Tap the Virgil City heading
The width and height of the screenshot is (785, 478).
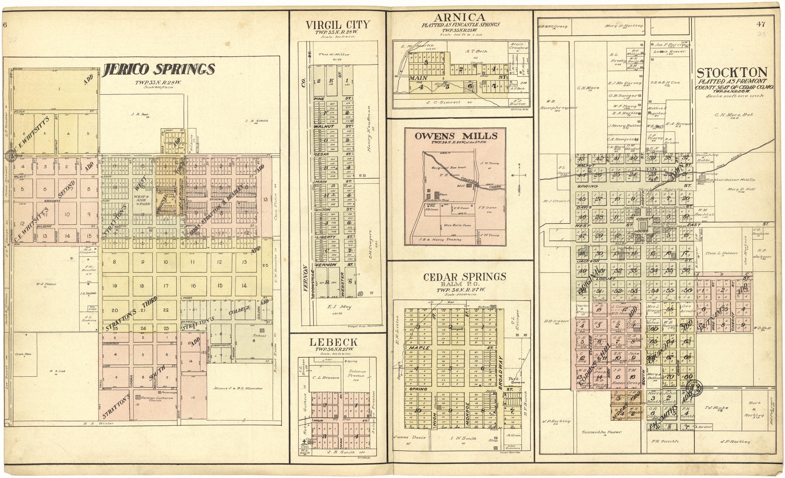pos(338,25)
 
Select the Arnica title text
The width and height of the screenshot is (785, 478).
pos(459,17)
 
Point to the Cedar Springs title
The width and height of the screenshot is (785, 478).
pos(465,277)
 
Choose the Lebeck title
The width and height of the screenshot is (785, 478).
pos(338,342)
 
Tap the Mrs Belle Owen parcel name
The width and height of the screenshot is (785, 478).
pos(457,225)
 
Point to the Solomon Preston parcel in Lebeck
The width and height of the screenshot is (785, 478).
pos(357,373)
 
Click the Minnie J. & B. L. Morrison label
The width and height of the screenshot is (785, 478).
pos(238,388)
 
